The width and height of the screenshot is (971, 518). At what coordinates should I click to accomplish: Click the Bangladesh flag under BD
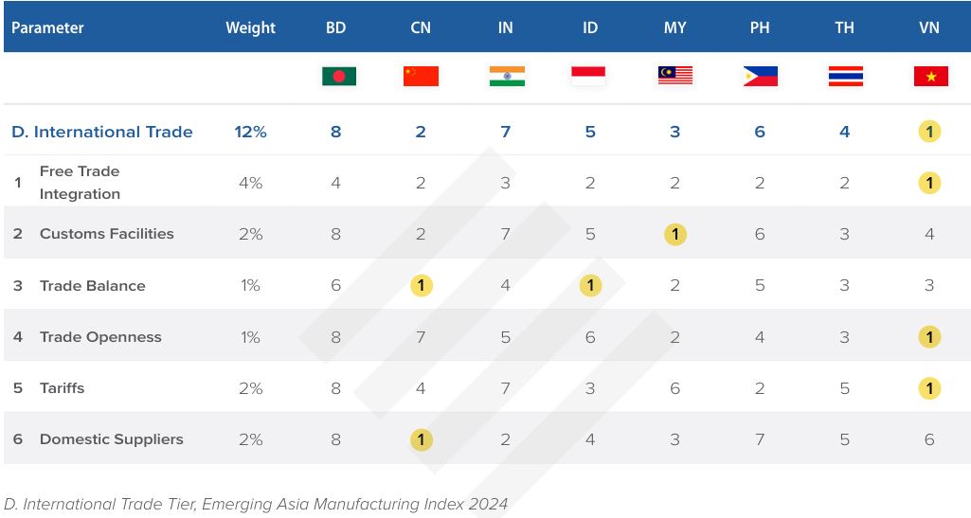(338, 76)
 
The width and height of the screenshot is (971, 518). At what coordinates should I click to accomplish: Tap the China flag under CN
(421, 76)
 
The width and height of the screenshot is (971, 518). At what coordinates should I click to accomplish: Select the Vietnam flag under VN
(930, 76)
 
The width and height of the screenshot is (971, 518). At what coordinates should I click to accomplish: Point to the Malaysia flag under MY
(675, 76)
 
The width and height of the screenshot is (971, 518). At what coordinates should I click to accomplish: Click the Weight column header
(250, 27)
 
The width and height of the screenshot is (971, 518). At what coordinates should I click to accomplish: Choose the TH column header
(844, 27)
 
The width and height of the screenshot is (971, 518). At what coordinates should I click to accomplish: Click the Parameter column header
(47, 27)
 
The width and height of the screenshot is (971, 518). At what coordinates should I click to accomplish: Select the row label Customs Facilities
(106, 233)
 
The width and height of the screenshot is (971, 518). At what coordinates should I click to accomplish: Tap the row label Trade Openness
(100, 336)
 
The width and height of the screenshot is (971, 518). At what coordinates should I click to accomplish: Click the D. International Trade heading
(101, 132)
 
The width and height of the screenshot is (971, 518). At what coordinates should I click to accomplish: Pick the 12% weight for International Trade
(250, 132)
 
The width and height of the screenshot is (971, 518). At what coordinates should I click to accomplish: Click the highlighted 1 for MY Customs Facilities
(674, 234)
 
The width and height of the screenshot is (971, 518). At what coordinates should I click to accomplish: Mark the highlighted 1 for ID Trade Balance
(590, 285)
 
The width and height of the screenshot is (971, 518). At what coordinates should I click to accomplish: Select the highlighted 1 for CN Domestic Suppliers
(421, 439)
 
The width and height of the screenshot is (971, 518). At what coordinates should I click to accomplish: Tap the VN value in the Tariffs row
(929, 388)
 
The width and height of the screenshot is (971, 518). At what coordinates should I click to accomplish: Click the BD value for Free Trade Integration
(336, 183)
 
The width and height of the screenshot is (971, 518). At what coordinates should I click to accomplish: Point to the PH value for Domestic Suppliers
(760, 439)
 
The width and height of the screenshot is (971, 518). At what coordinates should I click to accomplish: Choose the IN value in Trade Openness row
(505, 337)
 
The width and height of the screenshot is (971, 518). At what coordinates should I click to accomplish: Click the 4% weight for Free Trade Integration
(250, 183)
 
